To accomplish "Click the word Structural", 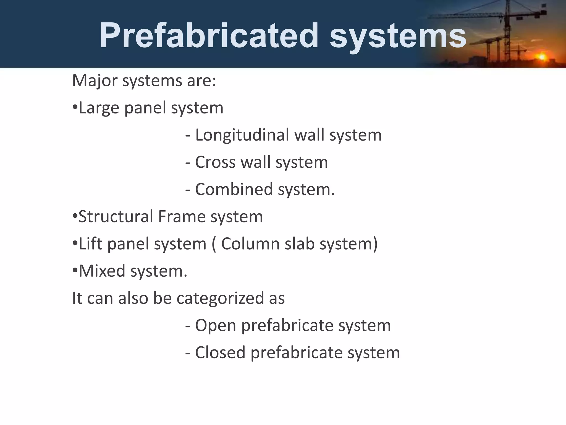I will point(116,216).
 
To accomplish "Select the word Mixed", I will point(102,271).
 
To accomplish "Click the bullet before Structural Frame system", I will point(75,216).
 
